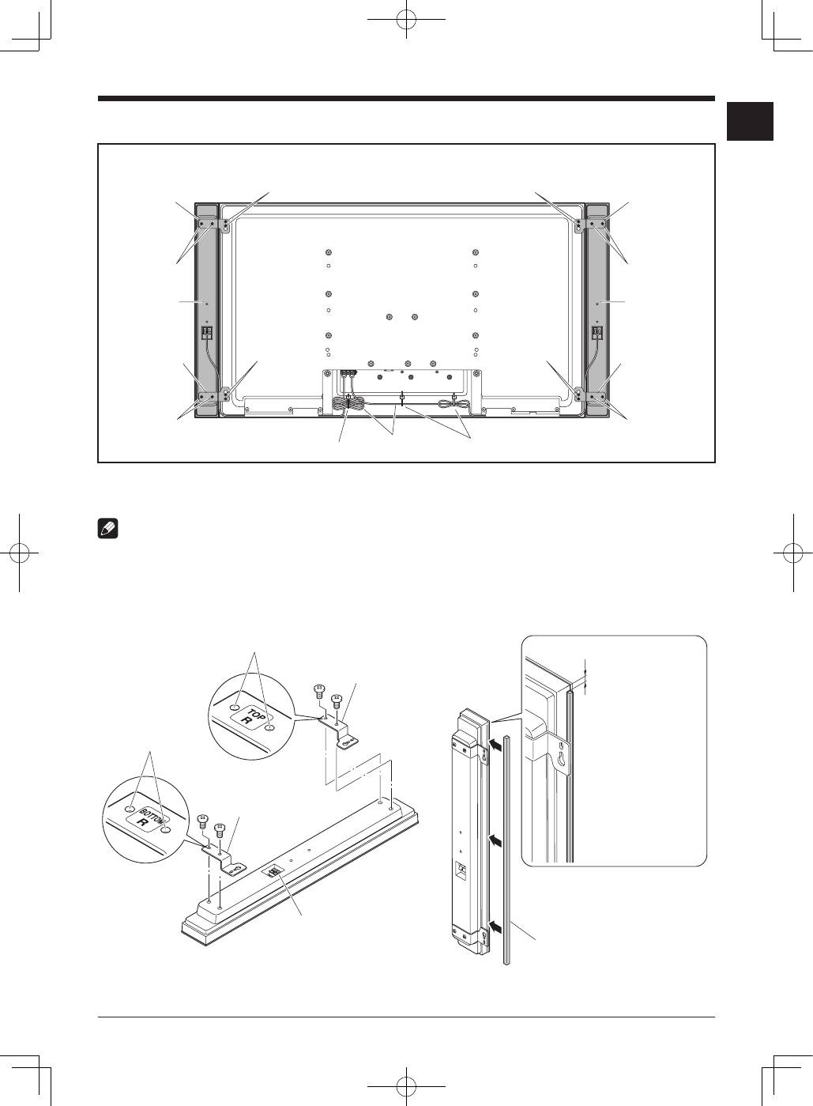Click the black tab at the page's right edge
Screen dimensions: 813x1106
pyautogui.click(x=750, y=121)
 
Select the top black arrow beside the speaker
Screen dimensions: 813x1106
pyautogui.click(x=495, y=744)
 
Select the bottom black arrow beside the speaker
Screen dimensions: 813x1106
pyautogui.click(x=495, y=924)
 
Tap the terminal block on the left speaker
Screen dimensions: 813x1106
pyautogui.click(x=209, y=334)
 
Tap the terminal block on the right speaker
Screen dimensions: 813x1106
pyautogui.click(x=597, y=334)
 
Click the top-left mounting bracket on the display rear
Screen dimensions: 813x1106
pyautogui.click(x=226, y=225)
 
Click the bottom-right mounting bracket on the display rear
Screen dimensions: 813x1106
pyautogui.click(x=579, y=392)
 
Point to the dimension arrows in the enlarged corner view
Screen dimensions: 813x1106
pyautogui.click(x=585, y=676)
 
